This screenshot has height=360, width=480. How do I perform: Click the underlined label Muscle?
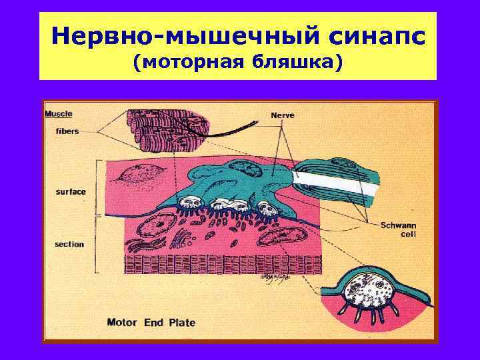[59, 113]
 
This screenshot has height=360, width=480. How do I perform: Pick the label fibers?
[67, 131]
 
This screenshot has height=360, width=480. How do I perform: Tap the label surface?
[71, 192]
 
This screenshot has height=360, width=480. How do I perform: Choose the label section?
[70, 244]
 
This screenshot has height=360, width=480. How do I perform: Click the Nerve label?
[282, 115]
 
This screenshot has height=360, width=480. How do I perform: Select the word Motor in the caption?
[122, 323]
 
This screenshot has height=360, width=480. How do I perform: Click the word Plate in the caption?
[181, 323]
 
